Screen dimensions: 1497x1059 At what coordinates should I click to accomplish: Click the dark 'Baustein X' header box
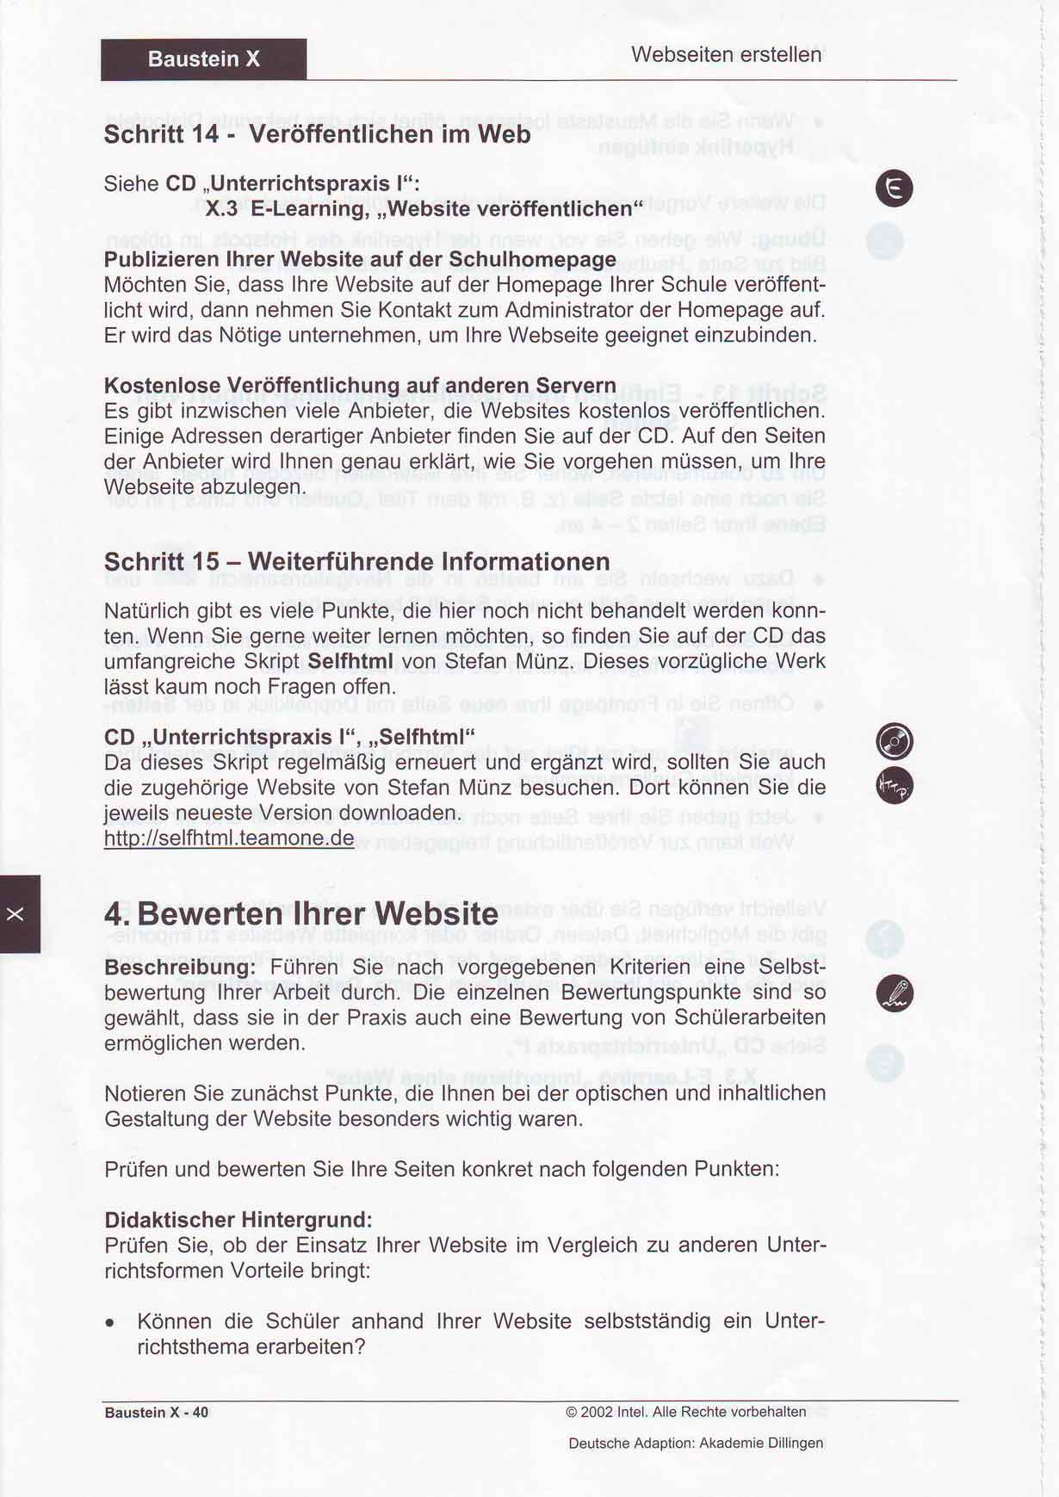click(203, 59)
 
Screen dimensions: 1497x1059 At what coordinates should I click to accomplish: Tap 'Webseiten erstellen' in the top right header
click(726, 54)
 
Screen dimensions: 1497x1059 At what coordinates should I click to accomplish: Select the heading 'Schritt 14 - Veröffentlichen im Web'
click(317, 134)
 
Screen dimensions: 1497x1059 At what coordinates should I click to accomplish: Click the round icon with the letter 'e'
click(894, 189)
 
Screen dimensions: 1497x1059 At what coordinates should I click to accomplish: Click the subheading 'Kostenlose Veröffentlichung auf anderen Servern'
click(360, 385)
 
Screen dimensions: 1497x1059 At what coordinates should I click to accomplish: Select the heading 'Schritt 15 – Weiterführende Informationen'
click(356, 561)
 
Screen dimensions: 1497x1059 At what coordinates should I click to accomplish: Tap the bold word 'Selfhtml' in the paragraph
click(350, 661)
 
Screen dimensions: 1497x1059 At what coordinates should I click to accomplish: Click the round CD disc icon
click(894, 741)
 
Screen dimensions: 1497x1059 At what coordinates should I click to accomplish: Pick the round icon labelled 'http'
click(894, 785)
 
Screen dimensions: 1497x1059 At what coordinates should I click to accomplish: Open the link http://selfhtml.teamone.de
click(229, 838)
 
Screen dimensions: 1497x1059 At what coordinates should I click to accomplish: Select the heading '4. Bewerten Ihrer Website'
click(300, 913)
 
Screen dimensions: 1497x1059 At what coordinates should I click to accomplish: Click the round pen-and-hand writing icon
click(894, 994)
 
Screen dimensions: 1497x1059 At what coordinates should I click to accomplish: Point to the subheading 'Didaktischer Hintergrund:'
click(238, 1220)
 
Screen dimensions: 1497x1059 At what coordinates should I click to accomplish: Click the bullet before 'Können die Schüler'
click(110, 1322)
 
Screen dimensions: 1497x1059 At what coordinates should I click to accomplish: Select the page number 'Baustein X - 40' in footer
click(157, 1413)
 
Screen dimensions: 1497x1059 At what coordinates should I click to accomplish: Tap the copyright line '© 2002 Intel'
click(685, 1412)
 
